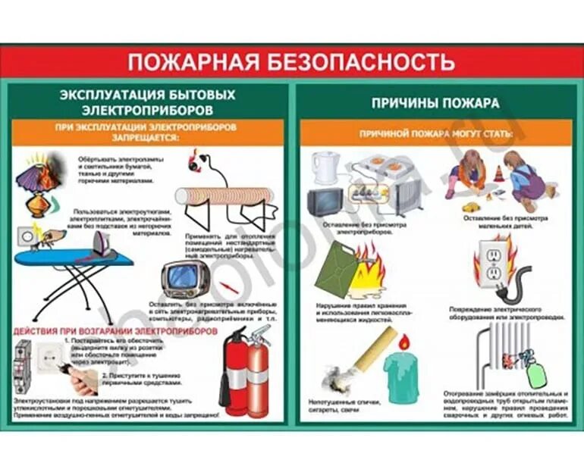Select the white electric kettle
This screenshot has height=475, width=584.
click(x=325, y=167)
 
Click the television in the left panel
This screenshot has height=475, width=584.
click(x=184, y=278)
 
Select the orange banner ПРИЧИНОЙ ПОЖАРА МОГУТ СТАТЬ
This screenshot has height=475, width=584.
click(x=436, y=133)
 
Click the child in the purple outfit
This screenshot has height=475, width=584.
click(x=523, y=178)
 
